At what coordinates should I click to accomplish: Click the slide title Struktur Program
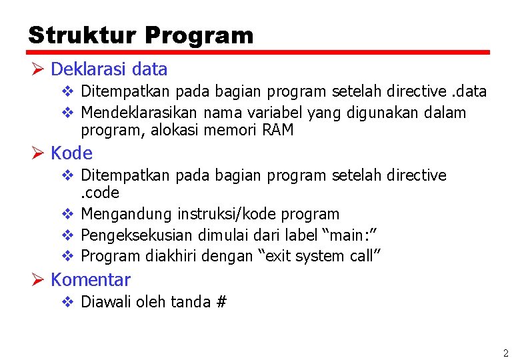[141, 35]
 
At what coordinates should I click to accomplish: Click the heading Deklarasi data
[109, 69]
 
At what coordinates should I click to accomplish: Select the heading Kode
[71, 153]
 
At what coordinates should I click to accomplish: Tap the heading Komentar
[90, 280]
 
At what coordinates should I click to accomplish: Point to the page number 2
[505, 353]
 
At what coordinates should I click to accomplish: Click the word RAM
[278, 130]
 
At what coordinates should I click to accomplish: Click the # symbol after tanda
[221, 302]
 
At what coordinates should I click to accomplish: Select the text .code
[100, 193]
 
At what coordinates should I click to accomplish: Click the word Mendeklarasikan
[140, 113]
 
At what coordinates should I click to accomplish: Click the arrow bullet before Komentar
[37, 280]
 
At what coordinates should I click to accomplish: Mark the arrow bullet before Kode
[37, 153]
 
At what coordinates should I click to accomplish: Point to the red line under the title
[259, 52]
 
